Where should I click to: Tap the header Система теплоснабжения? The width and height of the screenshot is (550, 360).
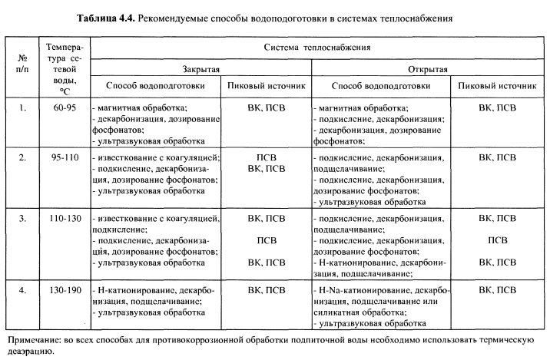click(317, 47)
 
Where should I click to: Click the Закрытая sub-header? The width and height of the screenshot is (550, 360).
click(202, 69)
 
